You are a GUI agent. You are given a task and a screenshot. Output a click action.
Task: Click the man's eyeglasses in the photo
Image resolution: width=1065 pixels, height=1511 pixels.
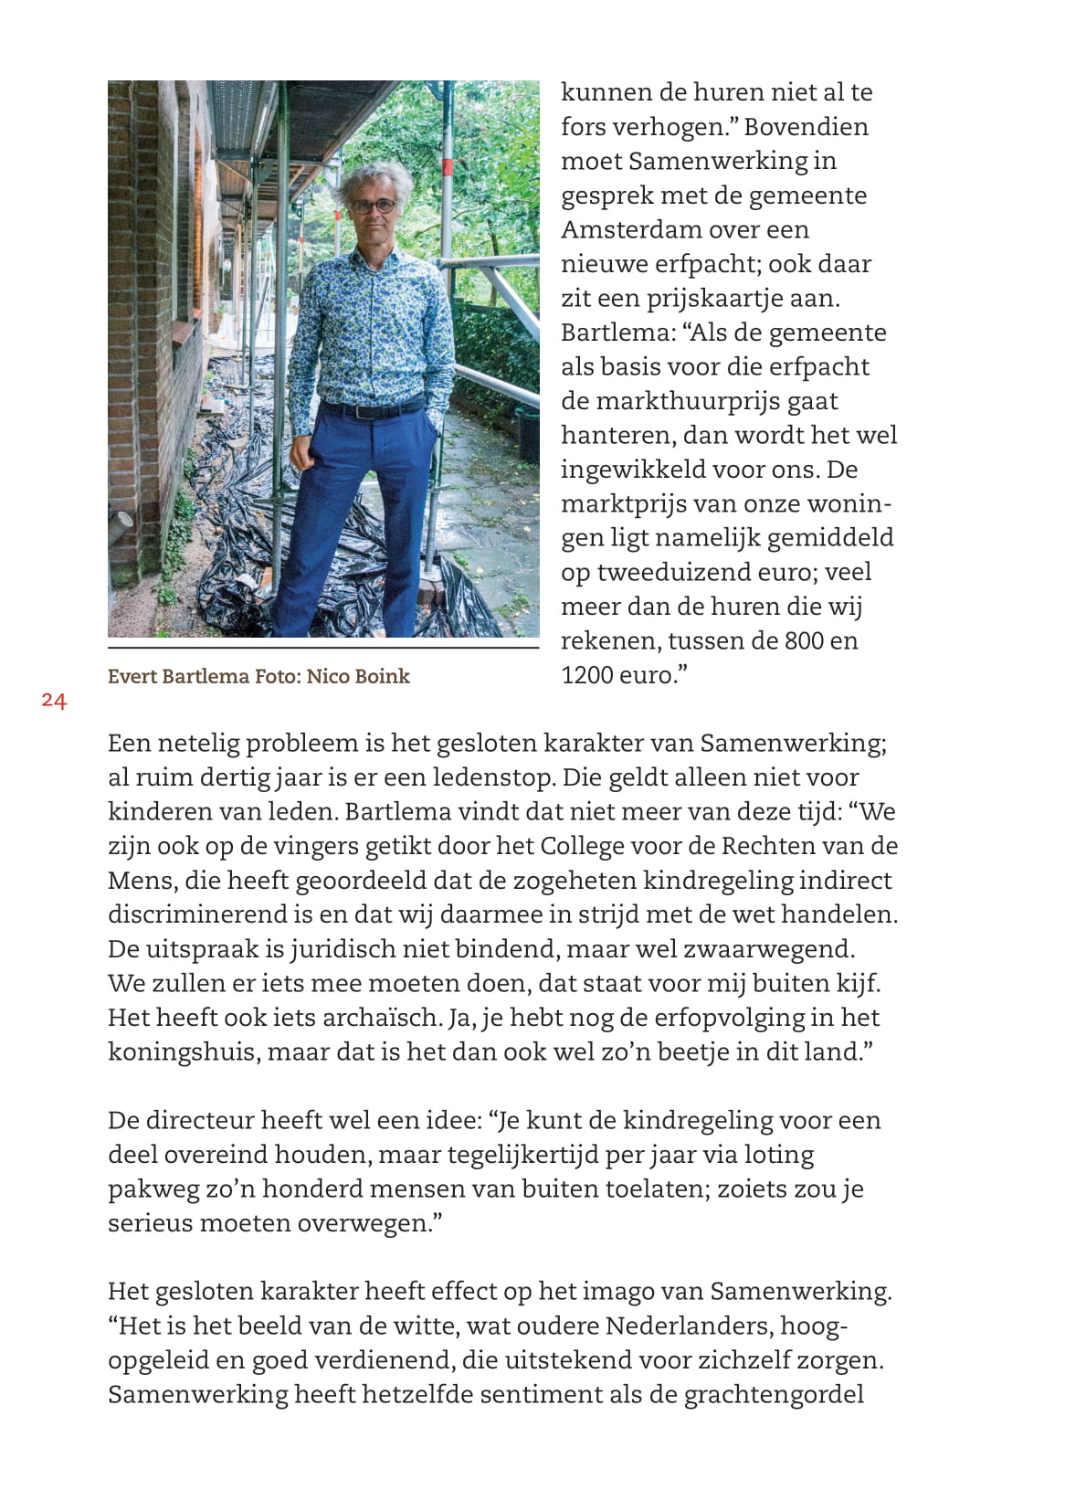(374, 206)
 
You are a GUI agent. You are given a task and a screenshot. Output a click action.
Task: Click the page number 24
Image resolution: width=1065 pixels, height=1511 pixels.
(54, 701)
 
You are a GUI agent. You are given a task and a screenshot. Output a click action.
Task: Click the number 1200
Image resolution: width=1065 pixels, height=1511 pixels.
(588, 675)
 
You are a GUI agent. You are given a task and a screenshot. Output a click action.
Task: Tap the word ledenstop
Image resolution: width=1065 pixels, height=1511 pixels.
(493, 777)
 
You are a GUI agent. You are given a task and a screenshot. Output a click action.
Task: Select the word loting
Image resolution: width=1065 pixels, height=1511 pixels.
(778, 1155)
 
